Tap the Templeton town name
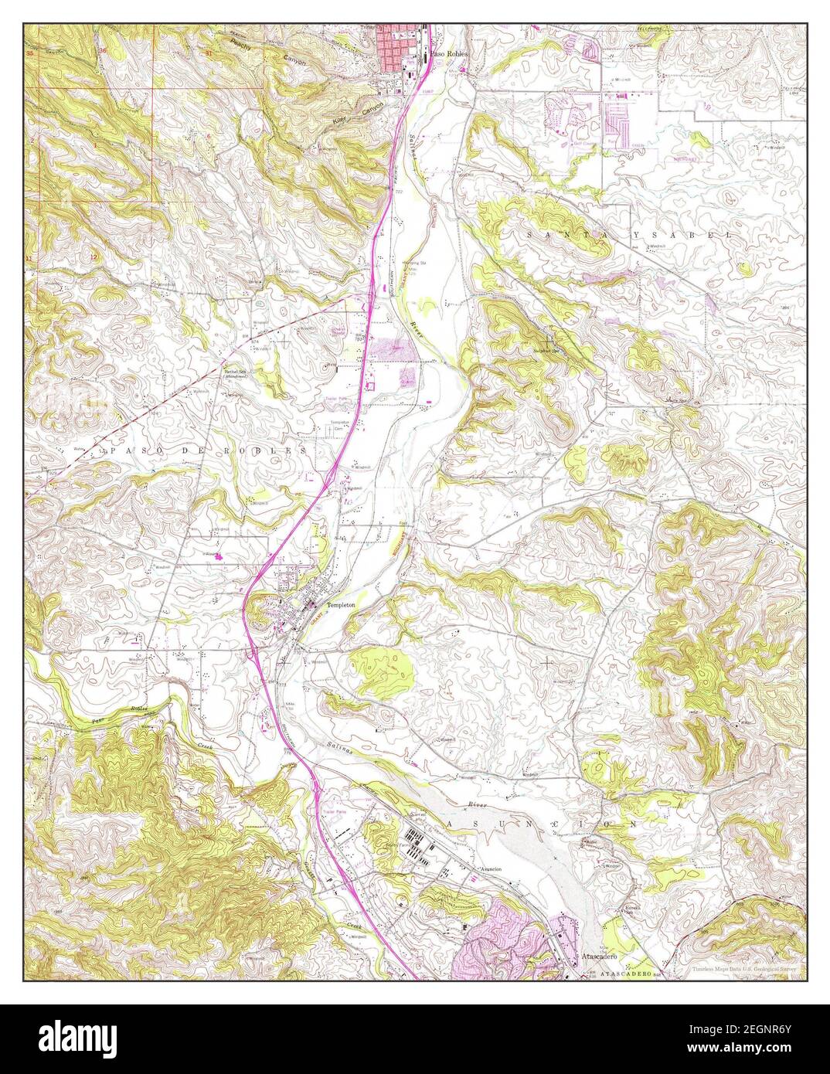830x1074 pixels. click(x=341, y=605)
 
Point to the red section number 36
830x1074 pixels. click(x=103, y=52)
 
